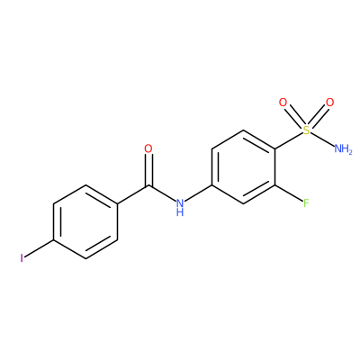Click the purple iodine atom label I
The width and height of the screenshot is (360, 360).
(22, 258)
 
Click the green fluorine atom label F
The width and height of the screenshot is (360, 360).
(306, 203)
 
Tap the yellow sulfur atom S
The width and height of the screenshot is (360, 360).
(306, 130)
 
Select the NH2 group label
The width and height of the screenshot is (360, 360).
(343, 148)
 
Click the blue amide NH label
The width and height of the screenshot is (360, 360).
(180, 207)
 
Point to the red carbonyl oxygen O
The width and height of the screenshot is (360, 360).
(148, 148)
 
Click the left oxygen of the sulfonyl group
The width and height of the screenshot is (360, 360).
(283, 103)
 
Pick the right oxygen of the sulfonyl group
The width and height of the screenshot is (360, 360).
(329, 103)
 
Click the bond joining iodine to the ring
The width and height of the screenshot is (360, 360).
(40, 248)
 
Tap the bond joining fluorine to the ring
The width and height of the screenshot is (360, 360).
(288, 193)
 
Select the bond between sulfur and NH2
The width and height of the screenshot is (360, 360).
(322, 139)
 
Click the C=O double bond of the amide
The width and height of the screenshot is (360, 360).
(148, 170)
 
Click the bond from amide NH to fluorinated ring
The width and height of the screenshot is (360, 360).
(198, 193)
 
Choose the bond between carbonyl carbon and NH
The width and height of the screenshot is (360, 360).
(162, 193)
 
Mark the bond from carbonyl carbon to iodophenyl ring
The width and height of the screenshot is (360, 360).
(132, 195)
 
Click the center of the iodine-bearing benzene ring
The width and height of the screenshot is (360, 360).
(85, 222)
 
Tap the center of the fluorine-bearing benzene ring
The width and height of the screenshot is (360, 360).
(243, 167)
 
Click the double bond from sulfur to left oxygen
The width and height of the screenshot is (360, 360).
(294, 116)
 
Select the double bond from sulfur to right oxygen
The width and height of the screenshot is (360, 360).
(318, 116)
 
